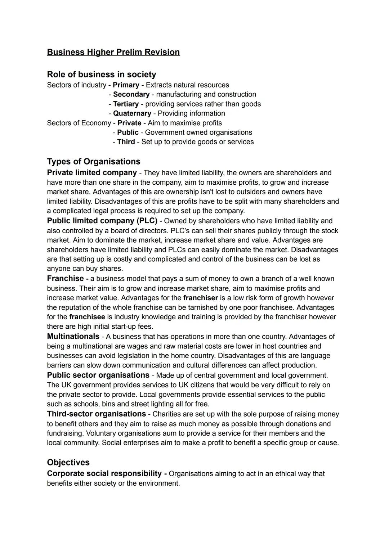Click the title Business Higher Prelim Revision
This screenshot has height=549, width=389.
[113, 52]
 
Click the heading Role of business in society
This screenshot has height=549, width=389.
[101, 75]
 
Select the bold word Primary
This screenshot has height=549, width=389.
[126, 85]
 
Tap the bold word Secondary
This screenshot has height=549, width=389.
[131, 94]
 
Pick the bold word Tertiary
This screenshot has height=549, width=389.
[126, 104]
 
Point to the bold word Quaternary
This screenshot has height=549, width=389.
[132, 113]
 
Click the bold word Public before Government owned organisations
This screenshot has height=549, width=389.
[128, 132]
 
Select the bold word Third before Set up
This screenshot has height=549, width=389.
[126, 142]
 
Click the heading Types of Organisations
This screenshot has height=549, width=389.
[93, 162]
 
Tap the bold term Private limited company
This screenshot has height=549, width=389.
[91, 173]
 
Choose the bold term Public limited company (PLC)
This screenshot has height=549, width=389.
[102, 221]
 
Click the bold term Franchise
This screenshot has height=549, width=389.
[65, 279]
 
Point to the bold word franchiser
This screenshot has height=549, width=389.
[200, 298]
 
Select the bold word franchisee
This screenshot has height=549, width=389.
[87, 317]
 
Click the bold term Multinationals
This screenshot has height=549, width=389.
[73, 337]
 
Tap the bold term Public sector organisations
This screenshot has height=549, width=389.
[98, 375]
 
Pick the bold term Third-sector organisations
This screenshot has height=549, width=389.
[96, 414]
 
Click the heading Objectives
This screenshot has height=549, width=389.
[68, 463]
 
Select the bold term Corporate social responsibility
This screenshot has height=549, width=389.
[104, 474]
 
